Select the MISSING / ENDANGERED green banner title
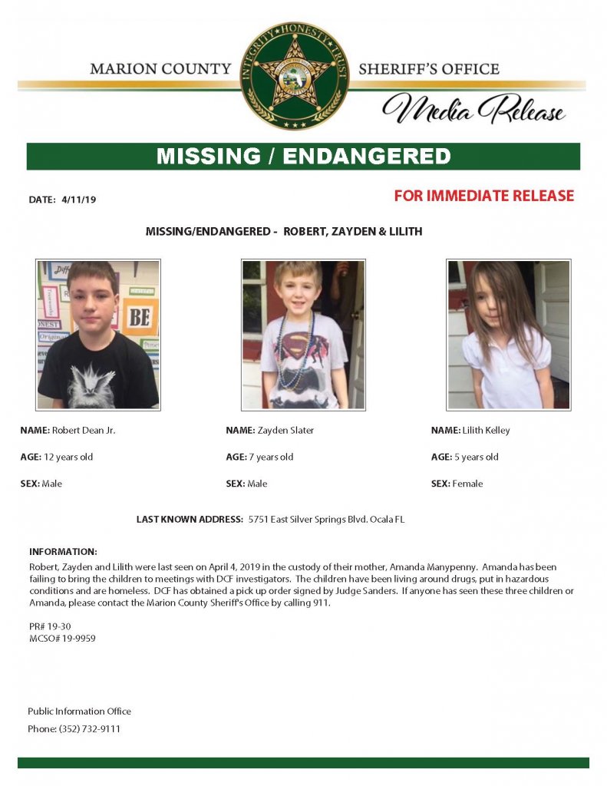[x=303, y=156]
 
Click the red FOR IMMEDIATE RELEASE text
[x=483, y=196]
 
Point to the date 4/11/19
[x=79, y=200]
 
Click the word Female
[x=468, y=484]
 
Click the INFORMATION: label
[x=63, y=551]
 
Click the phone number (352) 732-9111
[x=90, y=728]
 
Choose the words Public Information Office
[x=79, y=711]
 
